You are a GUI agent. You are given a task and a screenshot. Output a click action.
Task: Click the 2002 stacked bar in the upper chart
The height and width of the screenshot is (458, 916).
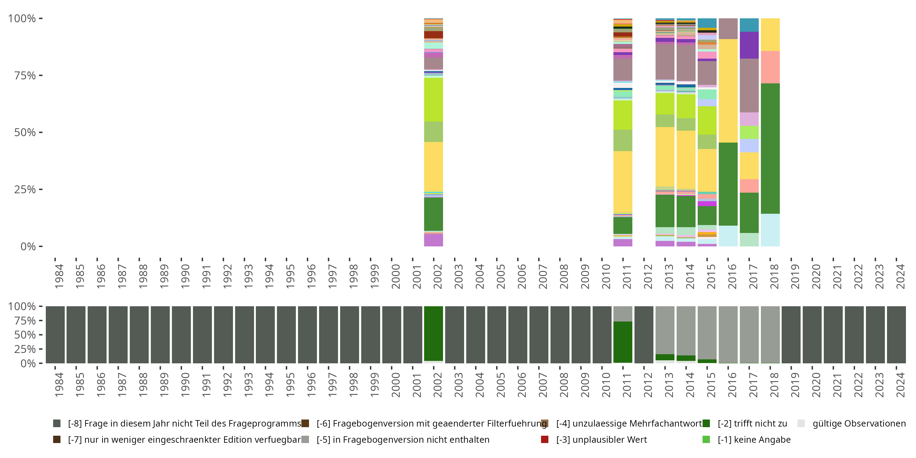pyautogui.click(x=434, y=132)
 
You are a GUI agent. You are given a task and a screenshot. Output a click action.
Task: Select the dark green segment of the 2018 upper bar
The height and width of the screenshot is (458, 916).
pyautogui.click(x=770, y=148)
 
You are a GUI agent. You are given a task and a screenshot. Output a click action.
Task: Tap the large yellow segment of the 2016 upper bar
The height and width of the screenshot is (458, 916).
pyautogui.click(x=728, y=91)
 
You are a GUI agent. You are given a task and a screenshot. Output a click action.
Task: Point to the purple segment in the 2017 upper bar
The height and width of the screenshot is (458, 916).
pyautogui.click(x=749, y=45)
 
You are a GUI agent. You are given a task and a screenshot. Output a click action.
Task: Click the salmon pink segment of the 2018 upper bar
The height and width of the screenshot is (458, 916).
pyautogui.click(x=770, y=67)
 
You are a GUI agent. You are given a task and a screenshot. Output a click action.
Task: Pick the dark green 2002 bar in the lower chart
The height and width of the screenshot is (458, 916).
pyautogui.click(x=434, y=333)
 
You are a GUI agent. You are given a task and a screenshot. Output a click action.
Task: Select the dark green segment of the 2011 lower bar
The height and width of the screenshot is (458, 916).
pyautogui.click(x=623, y=342)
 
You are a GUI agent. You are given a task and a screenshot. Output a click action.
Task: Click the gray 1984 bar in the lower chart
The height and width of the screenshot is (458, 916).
pyautogui.click(x=55, y=335)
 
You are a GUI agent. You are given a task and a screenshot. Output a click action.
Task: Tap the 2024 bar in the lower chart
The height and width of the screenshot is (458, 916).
pyautogui.click(x=896, y=335)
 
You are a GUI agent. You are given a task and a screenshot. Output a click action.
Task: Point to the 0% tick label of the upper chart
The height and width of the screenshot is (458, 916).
pyautogui.click(x=28, y=246)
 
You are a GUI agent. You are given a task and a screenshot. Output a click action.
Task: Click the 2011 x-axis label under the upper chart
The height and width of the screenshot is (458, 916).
pyautogui.click(x=627, y=277)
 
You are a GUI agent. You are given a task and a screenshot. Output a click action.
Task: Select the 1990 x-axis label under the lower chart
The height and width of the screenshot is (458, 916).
pyautogui.click(x=185, y=385)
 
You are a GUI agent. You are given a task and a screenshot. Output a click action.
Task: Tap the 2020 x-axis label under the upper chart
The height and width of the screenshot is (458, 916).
pyautogui.click(x=816, y=277)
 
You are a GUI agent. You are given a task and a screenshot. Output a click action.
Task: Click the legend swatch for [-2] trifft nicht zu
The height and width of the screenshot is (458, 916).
pyautogui.click(x=706, y=423)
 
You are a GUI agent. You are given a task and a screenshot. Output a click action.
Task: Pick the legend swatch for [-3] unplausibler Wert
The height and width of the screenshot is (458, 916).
pyautogui.click(x=544, y=439)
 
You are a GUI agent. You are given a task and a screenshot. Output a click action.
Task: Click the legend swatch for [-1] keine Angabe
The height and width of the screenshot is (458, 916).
pyautogui.click(x=706, y=439)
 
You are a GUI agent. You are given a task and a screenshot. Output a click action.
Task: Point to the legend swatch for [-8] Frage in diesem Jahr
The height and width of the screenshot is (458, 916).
pyautogui.click(x=56, y=423)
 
